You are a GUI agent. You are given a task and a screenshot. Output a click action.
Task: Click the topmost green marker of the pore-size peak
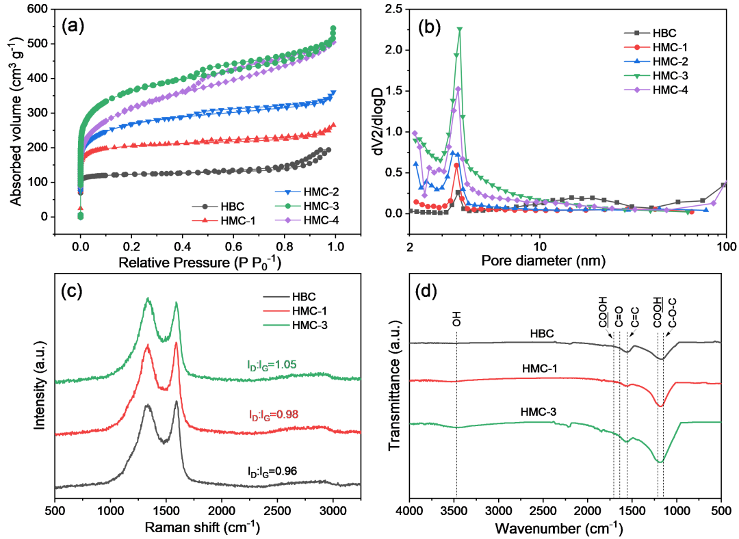tap(459, 29)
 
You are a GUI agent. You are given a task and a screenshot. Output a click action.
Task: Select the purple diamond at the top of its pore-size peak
tap(458, 89)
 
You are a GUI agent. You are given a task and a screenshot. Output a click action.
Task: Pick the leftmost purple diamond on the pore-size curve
tap(415, 133)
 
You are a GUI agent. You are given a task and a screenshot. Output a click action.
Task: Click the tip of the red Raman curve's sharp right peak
tap(176, 342)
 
